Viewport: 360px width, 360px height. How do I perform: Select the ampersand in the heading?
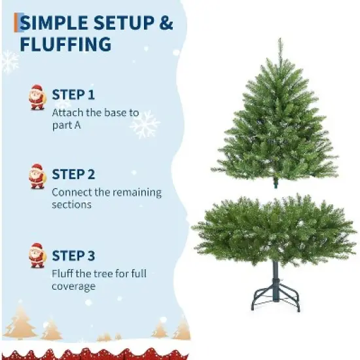tap(166, 23)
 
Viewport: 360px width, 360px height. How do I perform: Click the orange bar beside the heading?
tap(16, 23)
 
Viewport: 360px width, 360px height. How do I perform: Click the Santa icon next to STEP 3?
tap(37, 256)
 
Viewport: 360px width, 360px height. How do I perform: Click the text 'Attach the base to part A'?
tap(95, 118)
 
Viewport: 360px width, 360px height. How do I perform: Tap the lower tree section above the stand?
tap(275, 229)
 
